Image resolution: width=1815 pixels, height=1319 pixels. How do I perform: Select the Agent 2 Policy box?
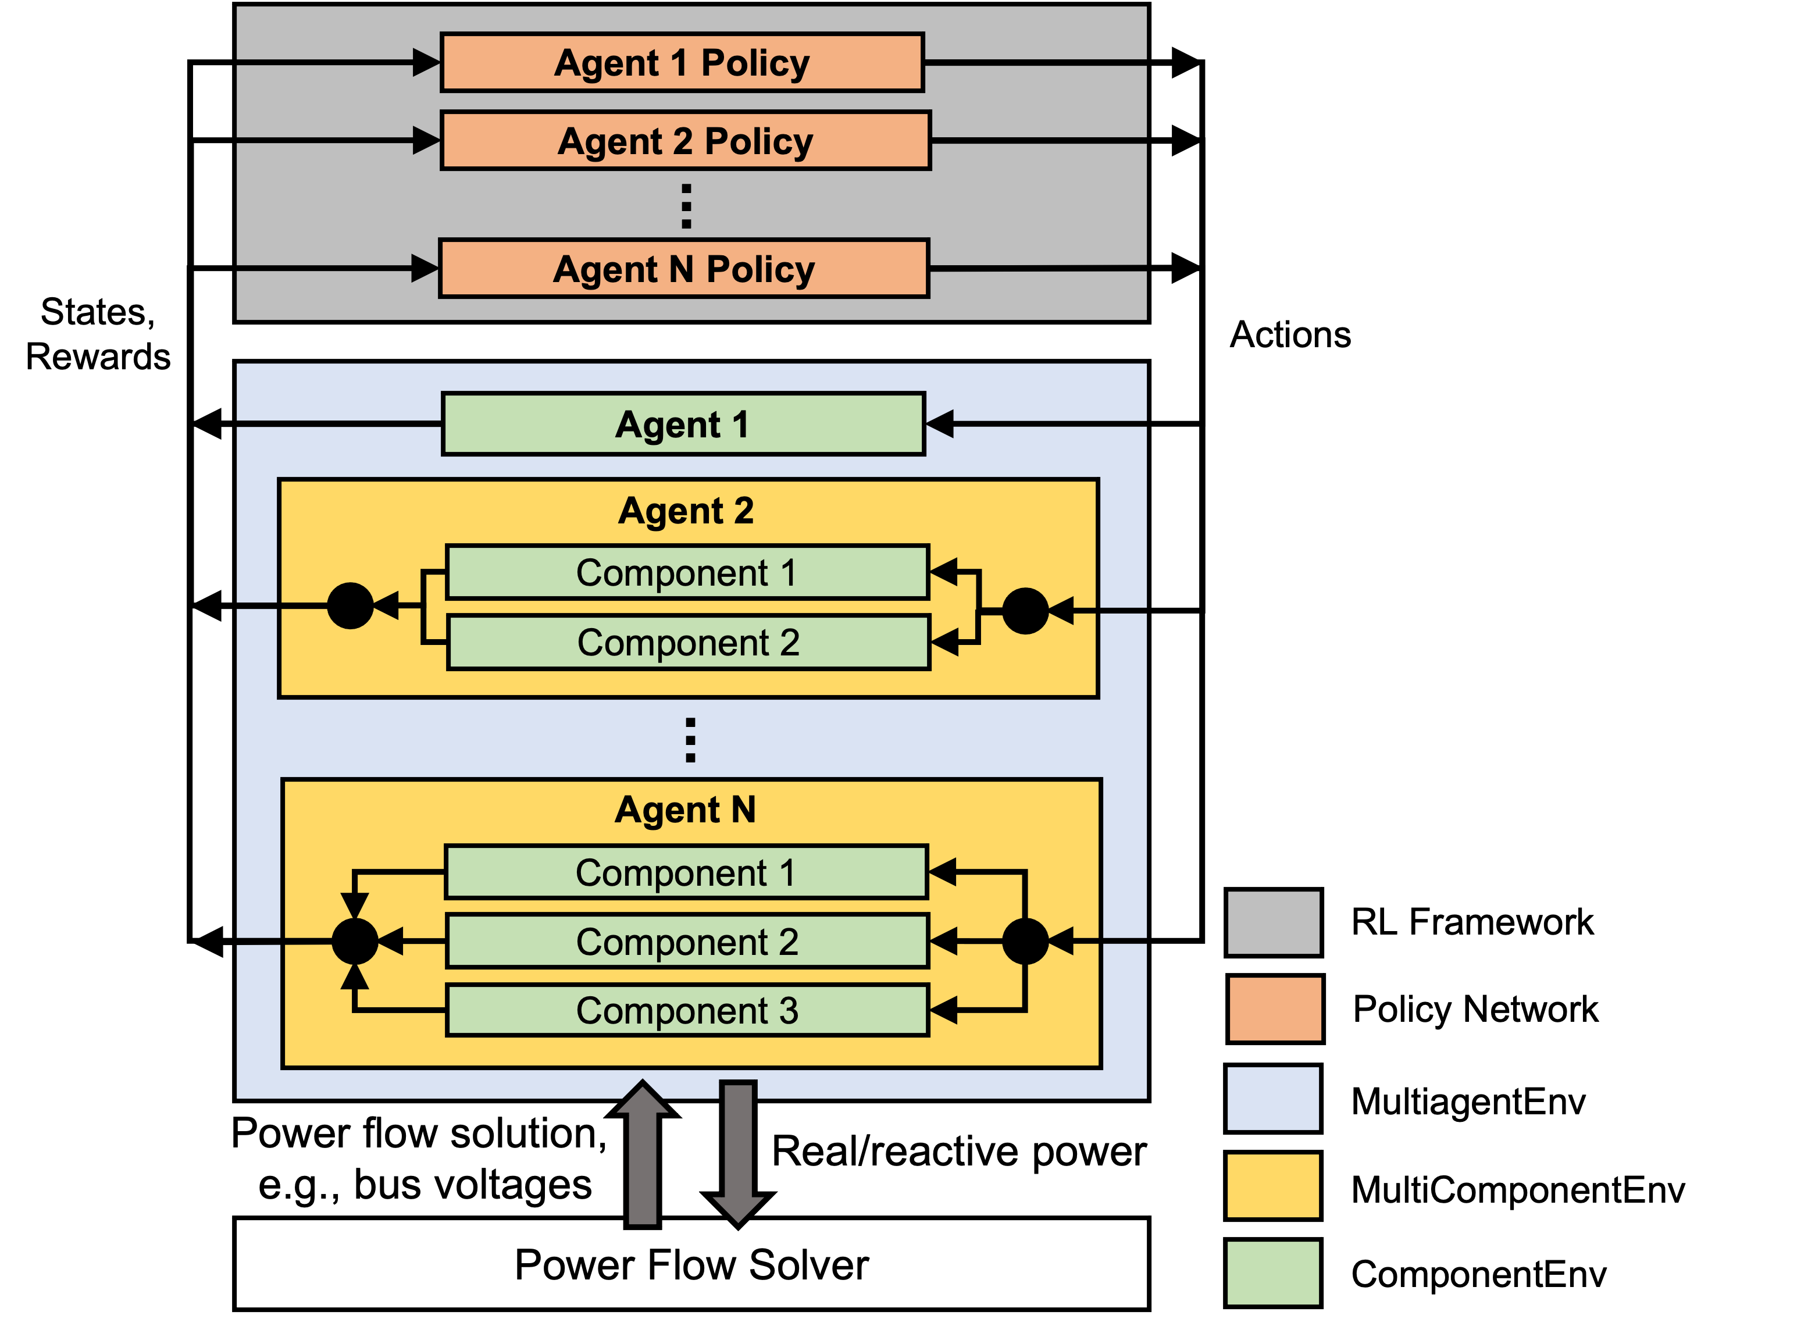pos(686,141)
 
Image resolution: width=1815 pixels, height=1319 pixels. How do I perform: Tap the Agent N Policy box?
pos(684,268)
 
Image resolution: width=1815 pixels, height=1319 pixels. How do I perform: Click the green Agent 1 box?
pos(683,424)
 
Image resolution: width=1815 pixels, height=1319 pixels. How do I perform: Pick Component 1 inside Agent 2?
pos(687,572)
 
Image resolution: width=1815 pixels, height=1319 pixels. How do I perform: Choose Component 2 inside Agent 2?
pos(688,642)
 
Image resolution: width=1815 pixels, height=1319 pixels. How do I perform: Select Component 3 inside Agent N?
pos(687,1010)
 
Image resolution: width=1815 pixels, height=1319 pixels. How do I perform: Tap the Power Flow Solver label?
pos(691,1265)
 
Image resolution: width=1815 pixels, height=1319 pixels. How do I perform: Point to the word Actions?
pos(1290,334)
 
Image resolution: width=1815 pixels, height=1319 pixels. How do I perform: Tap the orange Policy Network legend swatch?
pos(1275,1008)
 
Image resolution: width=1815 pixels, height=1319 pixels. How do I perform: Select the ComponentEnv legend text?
pos(1479,1274)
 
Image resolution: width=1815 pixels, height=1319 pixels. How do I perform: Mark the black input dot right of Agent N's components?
pos(1025,941)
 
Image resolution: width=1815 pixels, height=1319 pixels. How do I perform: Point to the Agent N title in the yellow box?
pos(685,810)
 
